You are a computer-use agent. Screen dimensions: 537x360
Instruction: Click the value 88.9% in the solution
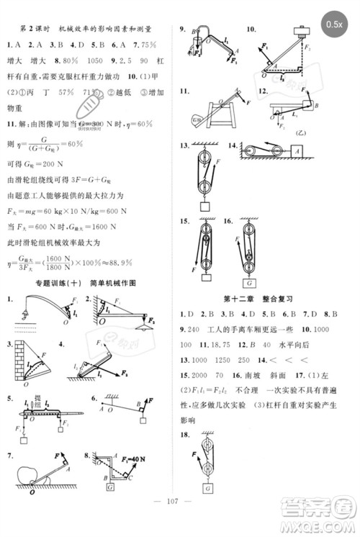[x=129, y=265]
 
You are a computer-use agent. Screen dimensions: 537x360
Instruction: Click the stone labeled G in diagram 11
[x=198, y=117]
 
